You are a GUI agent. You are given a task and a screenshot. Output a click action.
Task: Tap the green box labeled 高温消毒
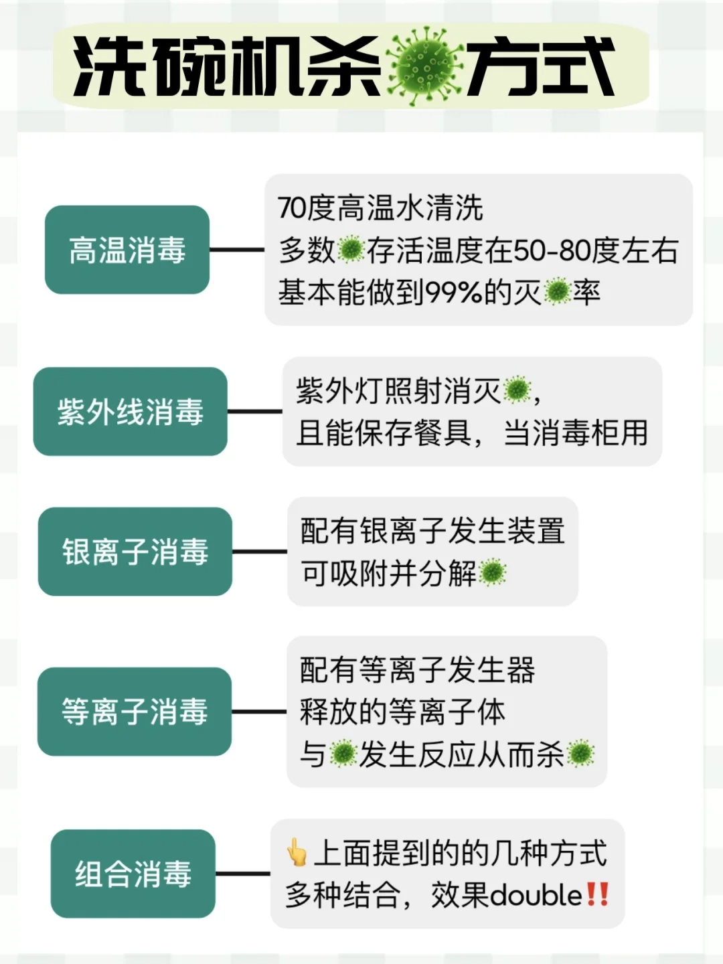[127, 250]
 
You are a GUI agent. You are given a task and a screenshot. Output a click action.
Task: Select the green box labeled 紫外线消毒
[131, 411]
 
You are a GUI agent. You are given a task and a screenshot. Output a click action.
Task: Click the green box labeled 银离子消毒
[135, 552]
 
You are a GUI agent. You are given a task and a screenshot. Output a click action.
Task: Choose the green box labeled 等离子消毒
[135, 712]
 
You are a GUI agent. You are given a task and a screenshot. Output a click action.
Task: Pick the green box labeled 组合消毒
[133, 874]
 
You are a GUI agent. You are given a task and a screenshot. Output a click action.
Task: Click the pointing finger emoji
[296, 853]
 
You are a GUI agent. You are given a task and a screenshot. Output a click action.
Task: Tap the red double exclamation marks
[597, 894]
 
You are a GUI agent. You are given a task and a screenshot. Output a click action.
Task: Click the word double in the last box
[536, 896]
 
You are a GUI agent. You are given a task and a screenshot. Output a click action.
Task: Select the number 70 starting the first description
[292, 208]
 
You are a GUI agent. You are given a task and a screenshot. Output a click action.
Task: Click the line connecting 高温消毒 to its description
[237, 250]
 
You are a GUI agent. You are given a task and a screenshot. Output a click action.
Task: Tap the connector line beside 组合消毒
[242, 874]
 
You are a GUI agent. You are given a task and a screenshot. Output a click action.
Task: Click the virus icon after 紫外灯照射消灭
[516, 390]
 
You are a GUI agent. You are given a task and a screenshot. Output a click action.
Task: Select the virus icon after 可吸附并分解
[493, 573]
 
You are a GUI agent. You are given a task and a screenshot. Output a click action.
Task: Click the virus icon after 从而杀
[580, 754]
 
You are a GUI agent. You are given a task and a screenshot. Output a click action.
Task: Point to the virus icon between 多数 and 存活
[351, 250]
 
